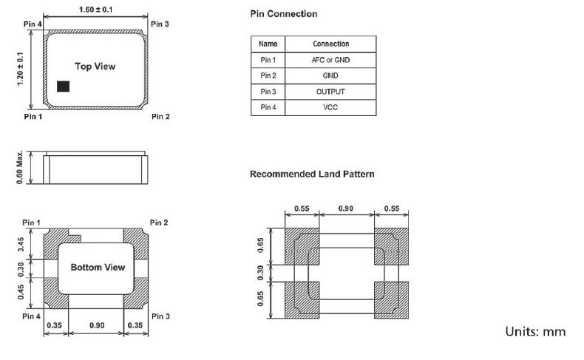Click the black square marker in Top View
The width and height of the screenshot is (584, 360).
[x=64, y=86]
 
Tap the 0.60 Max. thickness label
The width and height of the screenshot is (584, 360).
[x=21, y=168]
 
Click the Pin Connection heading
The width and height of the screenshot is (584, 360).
[x=283, y=14]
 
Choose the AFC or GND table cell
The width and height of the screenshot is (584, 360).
[x=330, y=60]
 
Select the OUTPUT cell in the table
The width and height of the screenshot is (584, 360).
[x=330, y=92]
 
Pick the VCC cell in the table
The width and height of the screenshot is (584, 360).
[x=330, y=108]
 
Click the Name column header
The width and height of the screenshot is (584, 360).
[x=268, y=44]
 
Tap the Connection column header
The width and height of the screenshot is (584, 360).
[x=330, y=44]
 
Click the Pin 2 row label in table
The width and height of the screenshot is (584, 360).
[x=268, y=76]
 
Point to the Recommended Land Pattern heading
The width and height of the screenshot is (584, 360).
[x=312, y=174]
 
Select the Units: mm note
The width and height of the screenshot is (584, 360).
[x=535, y=331]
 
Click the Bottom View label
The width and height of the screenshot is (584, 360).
[x=98, y=267]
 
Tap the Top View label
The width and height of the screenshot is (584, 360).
[x=95, y=67]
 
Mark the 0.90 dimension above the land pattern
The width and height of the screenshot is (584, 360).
[x=345, y=209]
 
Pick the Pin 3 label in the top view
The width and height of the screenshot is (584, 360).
[x=160, y=24]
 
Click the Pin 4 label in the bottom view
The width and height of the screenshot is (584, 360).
[x=31, y=316]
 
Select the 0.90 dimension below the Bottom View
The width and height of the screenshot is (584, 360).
[x=96, y=326]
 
